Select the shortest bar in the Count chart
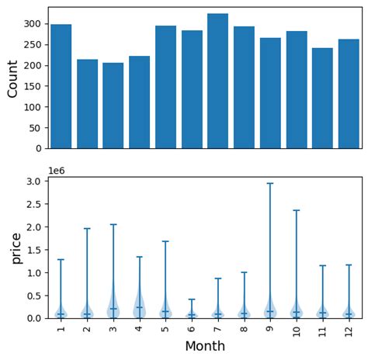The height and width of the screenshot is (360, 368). pos(113,106)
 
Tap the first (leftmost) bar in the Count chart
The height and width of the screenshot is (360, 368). pos(61,86)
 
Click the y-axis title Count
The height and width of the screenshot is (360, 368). pos(12,78)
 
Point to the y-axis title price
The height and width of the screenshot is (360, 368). pos(15,247)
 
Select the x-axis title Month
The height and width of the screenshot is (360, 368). pos(205,346)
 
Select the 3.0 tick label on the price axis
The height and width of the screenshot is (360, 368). pos(35,182)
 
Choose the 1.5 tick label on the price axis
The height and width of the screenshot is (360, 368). pos(35,250)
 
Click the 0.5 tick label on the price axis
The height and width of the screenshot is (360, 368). pos(35,296)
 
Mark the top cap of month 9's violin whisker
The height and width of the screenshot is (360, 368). pos(269,184)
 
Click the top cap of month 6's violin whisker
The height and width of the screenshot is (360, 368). pos(191,299)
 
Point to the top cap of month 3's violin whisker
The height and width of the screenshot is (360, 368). pos(113,225)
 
